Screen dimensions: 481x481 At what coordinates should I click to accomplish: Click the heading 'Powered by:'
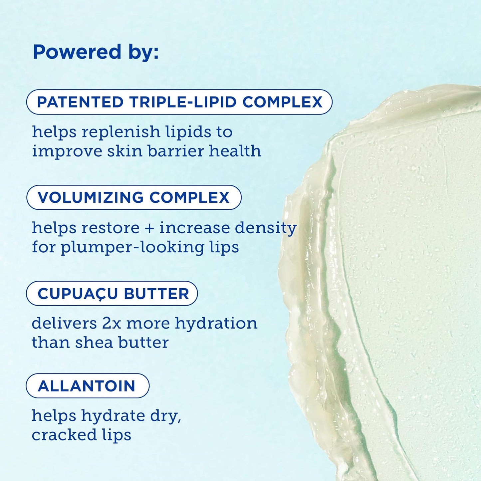[96, 52]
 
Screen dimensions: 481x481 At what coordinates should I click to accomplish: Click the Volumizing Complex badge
[134, 197]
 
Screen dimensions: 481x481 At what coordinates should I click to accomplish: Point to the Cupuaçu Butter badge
[112, 294]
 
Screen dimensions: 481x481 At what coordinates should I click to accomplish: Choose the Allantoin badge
[87, 386]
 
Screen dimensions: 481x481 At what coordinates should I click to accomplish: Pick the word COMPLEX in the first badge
[282, 102]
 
